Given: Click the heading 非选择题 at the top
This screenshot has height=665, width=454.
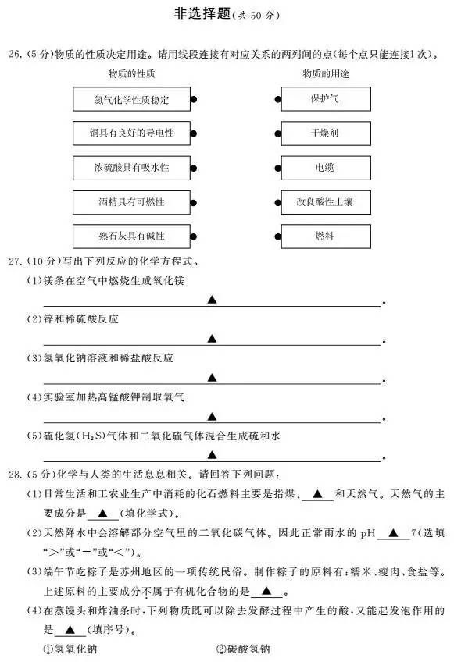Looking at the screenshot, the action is click(202, 13).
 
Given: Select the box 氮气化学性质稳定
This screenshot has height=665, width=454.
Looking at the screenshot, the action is click(131, 99).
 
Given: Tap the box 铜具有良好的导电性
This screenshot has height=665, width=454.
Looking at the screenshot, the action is click(131, 133).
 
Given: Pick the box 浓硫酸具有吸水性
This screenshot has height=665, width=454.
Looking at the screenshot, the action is click(131, 168).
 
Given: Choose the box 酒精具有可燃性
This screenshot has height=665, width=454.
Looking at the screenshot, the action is click(131, 202).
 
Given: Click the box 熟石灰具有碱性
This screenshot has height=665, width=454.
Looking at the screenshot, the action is click(131, 236).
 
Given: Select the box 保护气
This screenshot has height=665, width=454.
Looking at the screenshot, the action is click(326, 99).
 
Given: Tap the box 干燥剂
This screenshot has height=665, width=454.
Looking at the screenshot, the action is click(326, 133).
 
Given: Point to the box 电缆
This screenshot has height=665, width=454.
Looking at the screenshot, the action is click(326, 168).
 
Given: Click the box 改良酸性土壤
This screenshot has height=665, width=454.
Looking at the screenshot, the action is click(326, 202).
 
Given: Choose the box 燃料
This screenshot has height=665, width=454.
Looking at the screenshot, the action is click(326, 236).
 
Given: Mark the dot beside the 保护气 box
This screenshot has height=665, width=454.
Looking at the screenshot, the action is click(277, 100).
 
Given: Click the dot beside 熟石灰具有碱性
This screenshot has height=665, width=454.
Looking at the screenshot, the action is click(194, 236).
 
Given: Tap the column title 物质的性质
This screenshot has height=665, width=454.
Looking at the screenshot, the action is click(131, 74).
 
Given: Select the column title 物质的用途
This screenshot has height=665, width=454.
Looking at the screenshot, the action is click(326, 74).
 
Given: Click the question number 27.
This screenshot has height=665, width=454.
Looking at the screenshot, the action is click(15, 261).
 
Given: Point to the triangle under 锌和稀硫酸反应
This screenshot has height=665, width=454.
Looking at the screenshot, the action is click(212, 339).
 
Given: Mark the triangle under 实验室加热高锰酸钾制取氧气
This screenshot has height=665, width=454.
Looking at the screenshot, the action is click(212, 417).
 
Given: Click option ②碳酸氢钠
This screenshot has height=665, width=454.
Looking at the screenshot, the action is click(243, 649).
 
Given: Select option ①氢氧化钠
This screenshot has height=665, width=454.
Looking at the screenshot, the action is click(70, 649).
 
